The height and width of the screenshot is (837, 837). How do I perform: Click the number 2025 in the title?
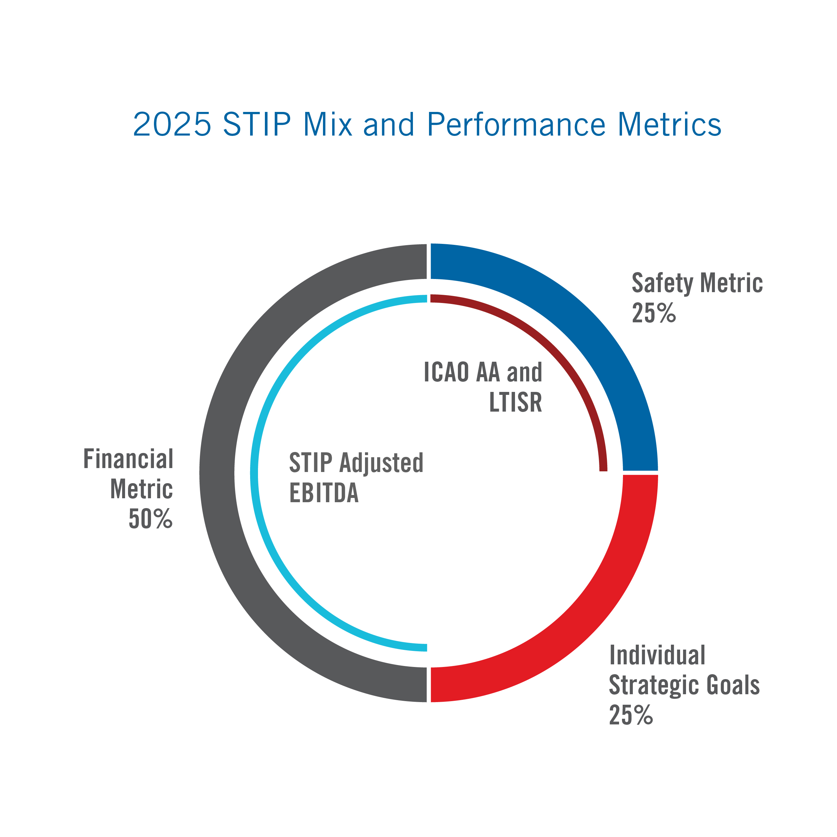(x=172, y=125)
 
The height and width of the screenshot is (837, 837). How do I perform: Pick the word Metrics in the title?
(x=669, y=125)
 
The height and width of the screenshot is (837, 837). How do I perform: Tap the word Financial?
(x=128, y=459)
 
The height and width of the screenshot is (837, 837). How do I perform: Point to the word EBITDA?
(x=324, y=493)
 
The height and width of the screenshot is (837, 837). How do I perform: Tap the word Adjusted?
(x=381, y=463)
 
